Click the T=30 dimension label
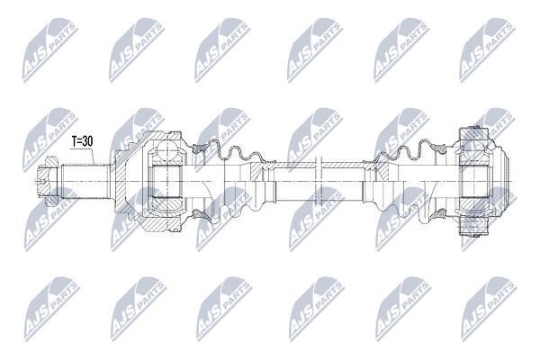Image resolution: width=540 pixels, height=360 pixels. pos(82,141)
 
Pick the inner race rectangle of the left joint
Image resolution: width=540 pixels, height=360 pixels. pos(166,182)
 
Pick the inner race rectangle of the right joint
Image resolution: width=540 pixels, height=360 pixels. pos(473,182)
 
